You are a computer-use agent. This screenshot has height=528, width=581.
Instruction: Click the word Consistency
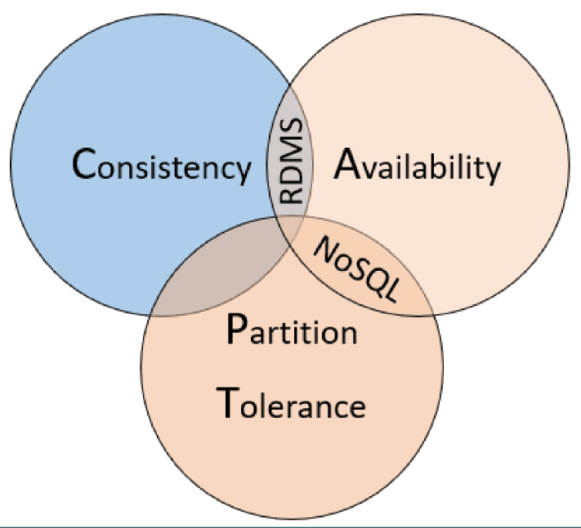[162, 166]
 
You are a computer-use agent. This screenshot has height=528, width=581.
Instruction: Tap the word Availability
[418, 166]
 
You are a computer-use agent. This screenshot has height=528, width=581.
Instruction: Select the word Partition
[292, 330]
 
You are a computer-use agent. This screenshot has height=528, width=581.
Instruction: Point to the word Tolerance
[291, 402]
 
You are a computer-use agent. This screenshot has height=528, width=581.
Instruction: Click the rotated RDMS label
[291, 161]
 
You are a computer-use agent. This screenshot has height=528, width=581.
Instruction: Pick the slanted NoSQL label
[357, 269]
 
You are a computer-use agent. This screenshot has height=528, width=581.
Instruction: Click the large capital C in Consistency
[84, 163]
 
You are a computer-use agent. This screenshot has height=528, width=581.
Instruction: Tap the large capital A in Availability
[346, 163]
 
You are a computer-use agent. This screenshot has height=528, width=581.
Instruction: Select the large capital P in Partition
[236, 329]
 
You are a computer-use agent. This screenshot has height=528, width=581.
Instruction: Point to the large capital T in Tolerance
[227, 402]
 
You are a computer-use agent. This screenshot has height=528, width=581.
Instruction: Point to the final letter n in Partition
[349, 334]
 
